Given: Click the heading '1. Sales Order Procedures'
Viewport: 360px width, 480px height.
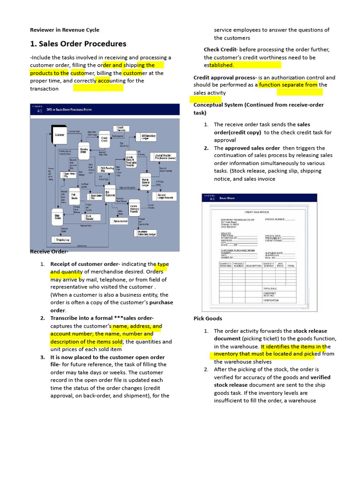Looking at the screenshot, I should [x=78, y=44].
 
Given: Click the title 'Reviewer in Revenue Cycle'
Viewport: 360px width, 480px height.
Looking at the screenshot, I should [x=64, y=30].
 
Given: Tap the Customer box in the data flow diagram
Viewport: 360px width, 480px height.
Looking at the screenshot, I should [x=60, y=135].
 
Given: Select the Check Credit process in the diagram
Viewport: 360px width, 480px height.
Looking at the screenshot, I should [x=104, y=138].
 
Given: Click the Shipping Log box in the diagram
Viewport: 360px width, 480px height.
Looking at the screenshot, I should [x=63, y=240].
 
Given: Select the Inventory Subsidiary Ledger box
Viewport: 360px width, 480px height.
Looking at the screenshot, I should [x=146, y=233].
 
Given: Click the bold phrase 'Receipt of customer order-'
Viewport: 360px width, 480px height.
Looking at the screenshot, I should [x=85, y=264].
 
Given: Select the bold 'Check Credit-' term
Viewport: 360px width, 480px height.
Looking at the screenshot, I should [x=221, y=50].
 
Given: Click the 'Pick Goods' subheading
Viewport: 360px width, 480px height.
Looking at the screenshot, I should [x=208, y=318].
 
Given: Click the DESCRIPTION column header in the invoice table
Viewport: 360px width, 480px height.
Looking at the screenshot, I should [x=253, y=266].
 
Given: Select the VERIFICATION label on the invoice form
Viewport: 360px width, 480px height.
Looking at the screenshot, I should [x=271, y=300].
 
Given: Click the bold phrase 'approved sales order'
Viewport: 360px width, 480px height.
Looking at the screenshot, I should [x=252, y=148].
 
